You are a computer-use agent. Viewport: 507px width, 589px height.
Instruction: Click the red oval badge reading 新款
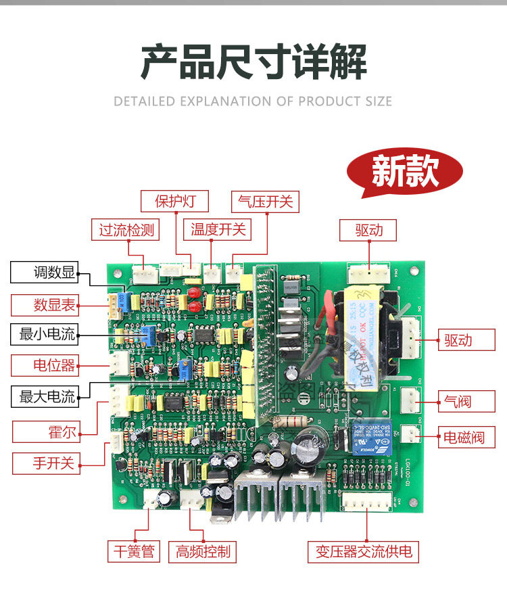tap(405, 172)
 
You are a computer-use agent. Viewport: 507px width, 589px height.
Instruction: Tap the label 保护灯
tap(174, 201)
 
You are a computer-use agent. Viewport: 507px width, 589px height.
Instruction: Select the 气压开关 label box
tap(265, 201)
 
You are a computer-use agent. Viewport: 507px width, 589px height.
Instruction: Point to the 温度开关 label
tap(218, 230)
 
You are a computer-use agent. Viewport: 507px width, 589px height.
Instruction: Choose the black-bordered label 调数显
tap(45, 273)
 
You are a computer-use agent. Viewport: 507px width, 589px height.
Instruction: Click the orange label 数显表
tap(45, 305)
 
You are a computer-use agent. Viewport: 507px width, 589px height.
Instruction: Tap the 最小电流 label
tap(45, 333)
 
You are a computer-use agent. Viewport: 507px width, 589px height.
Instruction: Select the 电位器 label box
tap(45, 365)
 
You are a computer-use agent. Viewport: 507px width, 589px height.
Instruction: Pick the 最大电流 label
tap(45, 396)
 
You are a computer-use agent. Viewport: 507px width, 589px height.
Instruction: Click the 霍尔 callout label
tap(45, 431)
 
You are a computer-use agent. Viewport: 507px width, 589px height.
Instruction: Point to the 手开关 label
tap(45, 463)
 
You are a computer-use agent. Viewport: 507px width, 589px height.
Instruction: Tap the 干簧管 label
tap(132, 551)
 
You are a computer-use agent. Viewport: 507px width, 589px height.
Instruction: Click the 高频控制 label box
tap(202, 551)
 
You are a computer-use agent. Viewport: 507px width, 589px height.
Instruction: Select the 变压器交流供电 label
tap(363, 551)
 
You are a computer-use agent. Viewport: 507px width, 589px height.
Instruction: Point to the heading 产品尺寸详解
tap(254, 63)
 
